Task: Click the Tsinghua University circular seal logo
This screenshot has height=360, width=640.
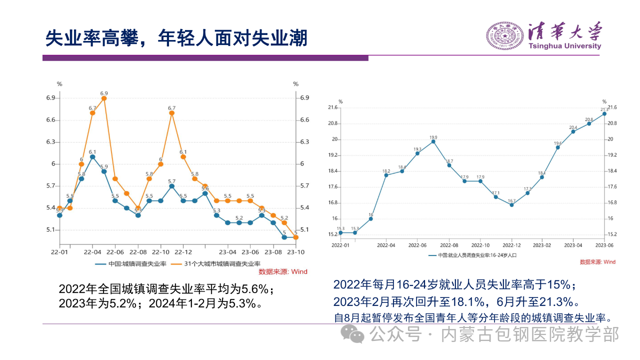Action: tap(505, 36)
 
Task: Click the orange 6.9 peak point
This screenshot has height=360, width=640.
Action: tap(104, 98)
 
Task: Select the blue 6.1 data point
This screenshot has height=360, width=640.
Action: tap(92, 156)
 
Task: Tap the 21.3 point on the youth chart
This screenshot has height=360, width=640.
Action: tap(604, 114)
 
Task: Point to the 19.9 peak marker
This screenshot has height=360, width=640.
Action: tap(433, 141)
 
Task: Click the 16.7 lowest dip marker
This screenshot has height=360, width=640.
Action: tap(511, 205)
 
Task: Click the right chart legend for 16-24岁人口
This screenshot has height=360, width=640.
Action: tap(472, 255)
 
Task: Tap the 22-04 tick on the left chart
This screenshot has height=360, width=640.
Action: tap(92, 252)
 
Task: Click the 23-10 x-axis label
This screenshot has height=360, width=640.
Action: tap(295, 252)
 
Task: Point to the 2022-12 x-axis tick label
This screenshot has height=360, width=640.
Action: tap(511, 245)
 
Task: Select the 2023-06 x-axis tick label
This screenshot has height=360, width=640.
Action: tap(604, 245)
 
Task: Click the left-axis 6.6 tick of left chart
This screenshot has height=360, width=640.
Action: tap(50, 120)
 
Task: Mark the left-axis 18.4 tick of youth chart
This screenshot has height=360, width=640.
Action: tap(333, 171)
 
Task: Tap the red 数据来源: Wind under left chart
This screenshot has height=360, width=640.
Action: tap(283, 271)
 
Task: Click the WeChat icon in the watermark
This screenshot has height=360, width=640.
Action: tap(357, 334)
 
